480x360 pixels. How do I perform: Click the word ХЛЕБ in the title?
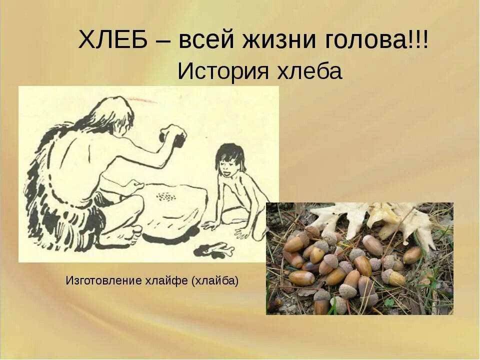point(113,40)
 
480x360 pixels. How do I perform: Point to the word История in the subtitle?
point(218,72)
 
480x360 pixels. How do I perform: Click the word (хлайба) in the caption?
point(214,280)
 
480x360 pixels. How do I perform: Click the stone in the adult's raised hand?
point(172,136)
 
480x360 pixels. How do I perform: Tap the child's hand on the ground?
point(210,225)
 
